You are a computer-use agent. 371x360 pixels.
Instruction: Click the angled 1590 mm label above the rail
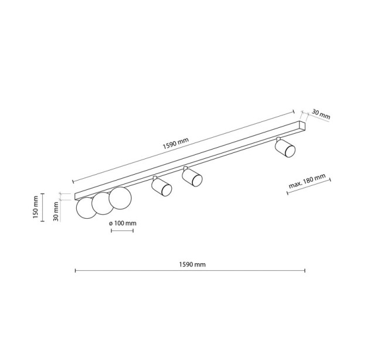pyautogui.click(x=176, y=143)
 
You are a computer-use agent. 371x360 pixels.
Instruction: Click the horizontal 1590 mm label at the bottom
pyautogui.click(x=192, y=264)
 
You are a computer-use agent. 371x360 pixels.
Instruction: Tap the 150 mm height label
pyautogui.click(x=36, y=207)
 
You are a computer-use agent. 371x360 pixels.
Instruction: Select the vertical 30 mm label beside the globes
pyautogui.click(x=56, y=211)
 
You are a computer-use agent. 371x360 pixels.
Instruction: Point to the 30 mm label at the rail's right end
pyautogui.click(x=321, y=114)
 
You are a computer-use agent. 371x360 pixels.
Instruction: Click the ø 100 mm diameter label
pyautogui.click(x=122, y=223)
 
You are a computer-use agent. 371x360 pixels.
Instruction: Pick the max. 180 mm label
pyautogui.click(x=307, y=181)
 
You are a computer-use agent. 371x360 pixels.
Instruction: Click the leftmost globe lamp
pyautogui.click(x=86, y=208)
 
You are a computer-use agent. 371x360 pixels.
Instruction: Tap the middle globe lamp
pyautogui.click(x=103, y=203)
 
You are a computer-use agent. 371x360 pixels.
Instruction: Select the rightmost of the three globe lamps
pyautogui.click(x=120, y=198)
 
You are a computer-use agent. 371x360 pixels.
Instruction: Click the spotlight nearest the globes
pyautogui.click(x=162, y=186)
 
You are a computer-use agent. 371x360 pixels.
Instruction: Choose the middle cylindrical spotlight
pyautogui.click(x=192, y=176)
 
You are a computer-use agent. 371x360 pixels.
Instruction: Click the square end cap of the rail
pyautogui.click(x=302, y=126)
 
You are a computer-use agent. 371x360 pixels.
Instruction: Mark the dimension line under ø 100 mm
pyautogui.click(x=122, y=230)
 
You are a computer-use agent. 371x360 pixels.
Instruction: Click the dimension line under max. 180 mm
pyautogui.click(x=309, y=186)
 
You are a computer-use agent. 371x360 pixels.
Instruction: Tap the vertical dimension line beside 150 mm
pyautogui.click(x=43, y=208)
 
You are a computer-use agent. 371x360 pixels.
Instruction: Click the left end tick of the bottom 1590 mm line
pyautogui.click(x=75, y=270)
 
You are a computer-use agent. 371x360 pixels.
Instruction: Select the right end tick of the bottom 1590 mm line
pyautogui.click(x=305, y=270)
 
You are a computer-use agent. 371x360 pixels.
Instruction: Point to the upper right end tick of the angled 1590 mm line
pyautogui.click(x=294, y=112)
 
